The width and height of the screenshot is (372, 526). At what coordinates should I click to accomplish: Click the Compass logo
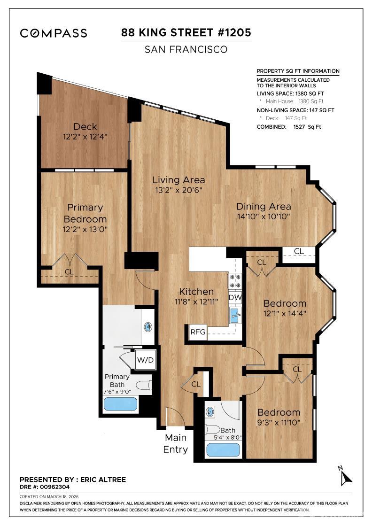53,33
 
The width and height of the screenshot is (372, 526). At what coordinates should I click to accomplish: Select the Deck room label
85,126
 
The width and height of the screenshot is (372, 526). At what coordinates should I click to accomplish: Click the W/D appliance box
145,360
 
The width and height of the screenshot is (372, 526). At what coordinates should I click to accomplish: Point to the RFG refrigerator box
198,332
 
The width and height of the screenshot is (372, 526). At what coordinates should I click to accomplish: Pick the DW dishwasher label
235,297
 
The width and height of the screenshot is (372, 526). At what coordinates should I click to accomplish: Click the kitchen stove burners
235,281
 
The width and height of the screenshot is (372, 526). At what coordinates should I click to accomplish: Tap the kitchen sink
236,315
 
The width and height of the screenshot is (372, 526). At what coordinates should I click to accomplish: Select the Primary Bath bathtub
120,404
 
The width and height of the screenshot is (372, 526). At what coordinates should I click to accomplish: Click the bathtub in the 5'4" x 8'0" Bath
223,449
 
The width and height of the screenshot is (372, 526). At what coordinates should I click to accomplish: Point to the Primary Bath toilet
144,385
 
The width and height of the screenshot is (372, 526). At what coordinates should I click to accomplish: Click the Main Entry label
175,443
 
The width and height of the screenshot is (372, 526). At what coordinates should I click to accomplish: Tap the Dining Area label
263,206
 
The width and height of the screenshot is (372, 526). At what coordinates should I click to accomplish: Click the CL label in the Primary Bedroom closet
69,272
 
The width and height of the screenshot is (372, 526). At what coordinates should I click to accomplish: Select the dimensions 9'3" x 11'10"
278,423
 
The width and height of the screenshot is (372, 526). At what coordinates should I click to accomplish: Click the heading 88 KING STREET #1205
186,32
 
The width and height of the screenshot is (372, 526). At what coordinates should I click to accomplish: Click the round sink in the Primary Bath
149,326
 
